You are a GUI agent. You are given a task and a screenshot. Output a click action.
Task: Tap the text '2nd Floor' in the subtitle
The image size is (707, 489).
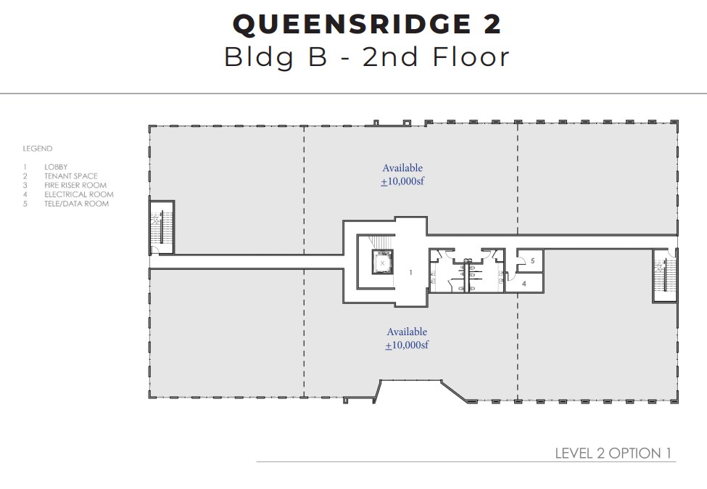[x=436, y=57]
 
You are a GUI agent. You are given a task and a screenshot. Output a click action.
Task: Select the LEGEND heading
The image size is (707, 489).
[x=37, y=149]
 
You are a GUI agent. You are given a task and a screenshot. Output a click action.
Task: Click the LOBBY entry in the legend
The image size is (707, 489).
[x=56, y=167]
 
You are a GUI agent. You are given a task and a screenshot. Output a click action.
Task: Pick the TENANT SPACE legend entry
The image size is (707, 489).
[x=70, y=176]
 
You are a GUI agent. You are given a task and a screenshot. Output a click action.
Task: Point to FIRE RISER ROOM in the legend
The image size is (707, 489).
[x=75, y=185]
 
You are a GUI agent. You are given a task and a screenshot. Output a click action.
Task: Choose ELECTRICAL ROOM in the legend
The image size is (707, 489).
[x=78, y=194]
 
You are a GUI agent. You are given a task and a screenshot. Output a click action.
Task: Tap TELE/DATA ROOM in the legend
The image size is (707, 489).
[x=76, y=204]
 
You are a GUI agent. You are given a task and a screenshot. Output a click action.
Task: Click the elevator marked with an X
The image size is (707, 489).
[x=382, y=262]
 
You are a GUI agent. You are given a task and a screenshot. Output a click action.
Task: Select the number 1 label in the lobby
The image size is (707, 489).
[x=410, y=272]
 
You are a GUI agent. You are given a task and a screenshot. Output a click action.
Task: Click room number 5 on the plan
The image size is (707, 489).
[x=532, y=260]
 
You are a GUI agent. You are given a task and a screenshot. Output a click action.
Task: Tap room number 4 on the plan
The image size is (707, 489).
[x=524, y=284]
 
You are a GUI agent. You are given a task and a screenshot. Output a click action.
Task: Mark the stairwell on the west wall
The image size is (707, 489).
[x=161, y=226]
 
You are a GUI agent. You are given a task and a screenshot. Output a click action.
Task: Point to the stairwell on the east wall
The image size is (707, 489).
[x=663, y=276]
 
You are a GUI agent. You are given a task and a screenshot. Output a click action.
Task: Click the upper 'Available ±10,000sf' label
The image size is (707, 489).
[x=402, y=175]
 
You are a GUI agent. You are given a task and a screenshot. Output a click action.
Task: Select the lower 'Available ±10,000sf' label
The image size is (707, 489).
[x=406, y=338]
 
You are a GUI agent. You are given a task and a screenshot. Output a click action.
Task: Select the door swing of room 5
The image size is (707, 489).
[x=521, y=255]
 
